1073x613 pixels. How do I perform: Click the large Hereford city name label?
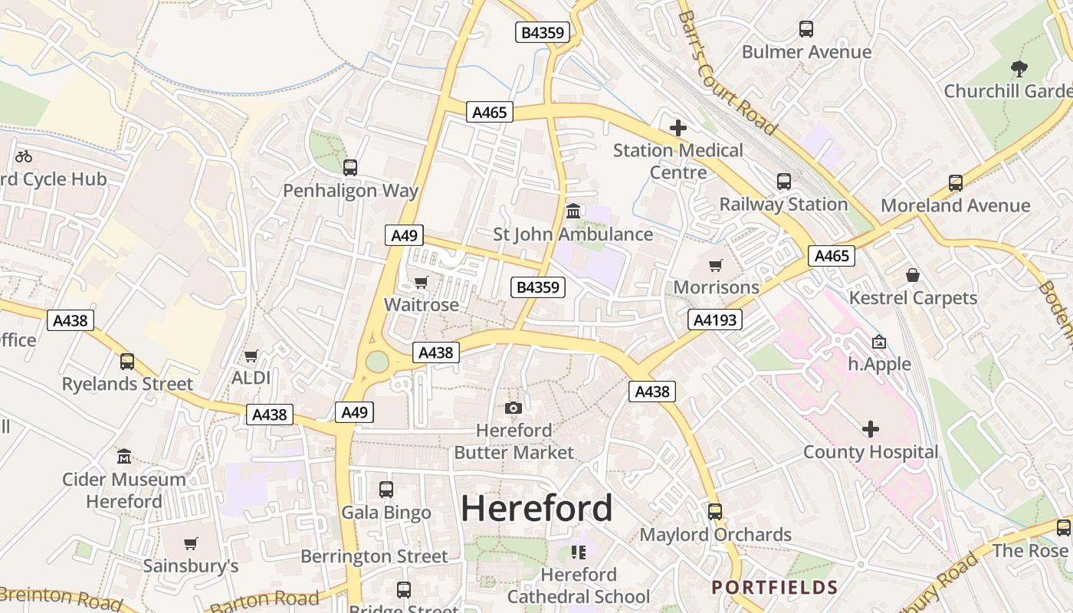(x=536, y=508)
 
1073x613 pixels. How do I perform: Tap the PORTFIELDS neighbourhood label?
(x=774, y=588)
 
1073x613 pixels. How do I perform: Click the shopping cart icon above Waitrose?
(x=421, y=282)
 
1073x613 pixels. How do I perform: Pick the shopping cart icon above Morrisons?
(x=715, y=265)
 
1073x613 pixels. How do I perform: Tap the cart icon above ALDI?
(x=251, y=356)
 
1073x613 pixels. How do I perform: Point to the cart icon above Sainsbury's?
(x=190, y=543)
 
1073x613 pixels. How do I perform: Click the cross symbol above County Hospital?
(x=870, y=429)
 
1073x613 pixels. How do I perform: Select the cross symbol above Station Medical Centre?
(x=678, y=127)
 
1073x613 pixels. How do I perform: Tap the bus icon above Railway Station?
(x=783, y=182)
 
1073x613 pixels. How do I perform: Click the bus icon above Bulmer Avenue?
(x=806, y=29)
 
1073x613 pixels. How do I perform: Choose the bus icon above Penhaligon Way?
(x=350, y=167)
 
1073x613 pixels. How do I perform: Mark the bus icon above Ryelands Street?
(x=127, y=361)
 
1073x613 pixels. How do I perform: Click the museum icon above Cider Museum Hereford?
(x=124, y=457)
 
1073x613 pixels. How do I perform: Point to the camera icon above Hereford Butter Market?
(x=514, y=408)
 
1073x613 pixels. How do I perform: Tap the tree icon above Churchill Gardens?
(x=1019, y=69)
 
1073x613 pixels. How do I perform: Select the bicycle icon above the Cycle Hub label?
(x=24, y=156)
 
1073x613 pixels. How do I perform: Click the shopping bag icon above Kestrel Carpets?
(x=913, y=274)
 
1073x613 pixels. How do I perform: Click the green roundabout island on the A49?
(x=377, y=361)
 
